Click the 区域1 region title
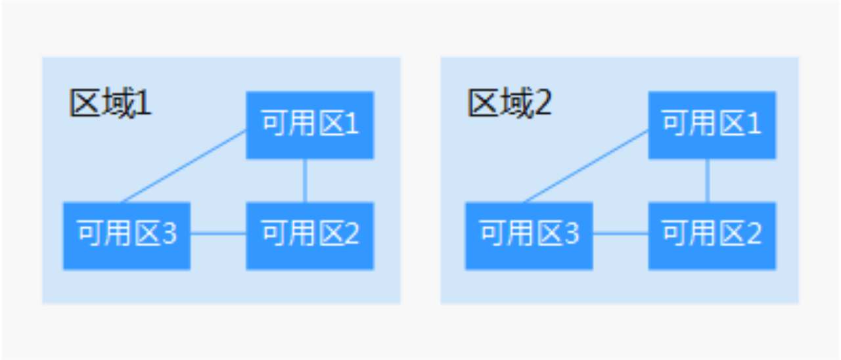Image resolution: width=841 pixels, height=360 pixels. (110, 103)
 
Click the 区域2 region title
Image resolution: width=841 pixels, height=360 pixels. (509, 103)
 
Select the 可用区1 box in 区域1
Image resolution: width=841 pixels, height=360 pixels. (309, 125)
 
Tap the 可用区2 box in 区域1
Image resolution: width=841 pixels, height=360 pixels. (309, 236)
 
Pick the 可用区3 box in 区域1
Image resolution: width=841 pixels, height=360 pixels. (127, 236)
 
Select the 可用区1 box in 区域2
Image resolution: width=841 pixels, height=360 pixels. (712, 125)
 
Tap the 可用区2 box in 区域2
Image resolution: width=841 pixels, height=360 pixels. (712, 236)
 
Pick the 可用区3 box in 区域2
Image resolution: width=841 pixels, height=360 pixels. (529, 236)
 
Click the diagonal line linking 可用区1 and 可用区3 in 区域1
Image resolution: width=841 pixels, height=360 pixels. (183, 166)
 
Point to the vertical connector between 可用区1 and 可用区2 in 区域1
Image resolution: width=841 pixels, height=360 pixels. (305, 181)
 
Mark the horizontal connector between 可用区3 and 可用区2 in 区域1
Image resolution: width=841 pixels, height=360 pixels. (218, 233)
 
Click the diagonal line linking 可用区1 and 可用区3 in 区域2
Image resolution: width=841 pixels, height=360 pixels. (586, 166)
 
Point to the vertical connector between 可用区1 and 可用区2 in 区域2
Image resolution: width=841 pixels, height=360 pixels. (708, 181)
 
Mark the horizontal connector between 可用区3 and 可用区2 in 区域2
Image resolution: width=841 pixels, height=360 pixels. (621, 233)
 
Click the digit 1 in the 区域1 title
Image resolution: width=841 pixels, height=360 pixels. (144, 103)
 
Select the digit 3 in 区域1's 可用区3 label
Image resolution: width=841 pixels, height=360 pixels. (170, 233)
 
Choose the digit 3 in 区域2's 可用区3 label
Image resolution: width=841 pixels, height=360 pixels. (572, 233)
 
